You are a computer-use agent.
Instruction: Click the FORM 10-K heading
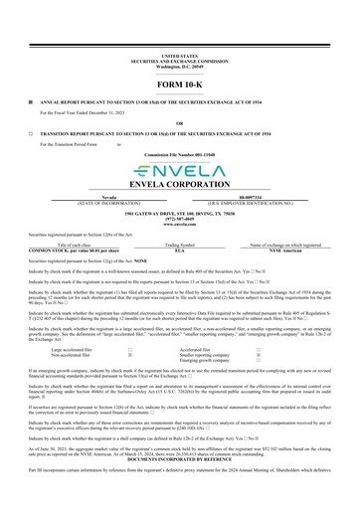(179, 85)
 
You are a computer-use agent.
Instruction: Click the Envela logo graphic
(179, 171)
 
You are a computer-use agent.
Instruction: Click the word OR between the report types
(179, 122)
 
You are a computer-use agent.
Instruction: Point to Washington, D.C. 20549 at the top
(179, 66)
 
